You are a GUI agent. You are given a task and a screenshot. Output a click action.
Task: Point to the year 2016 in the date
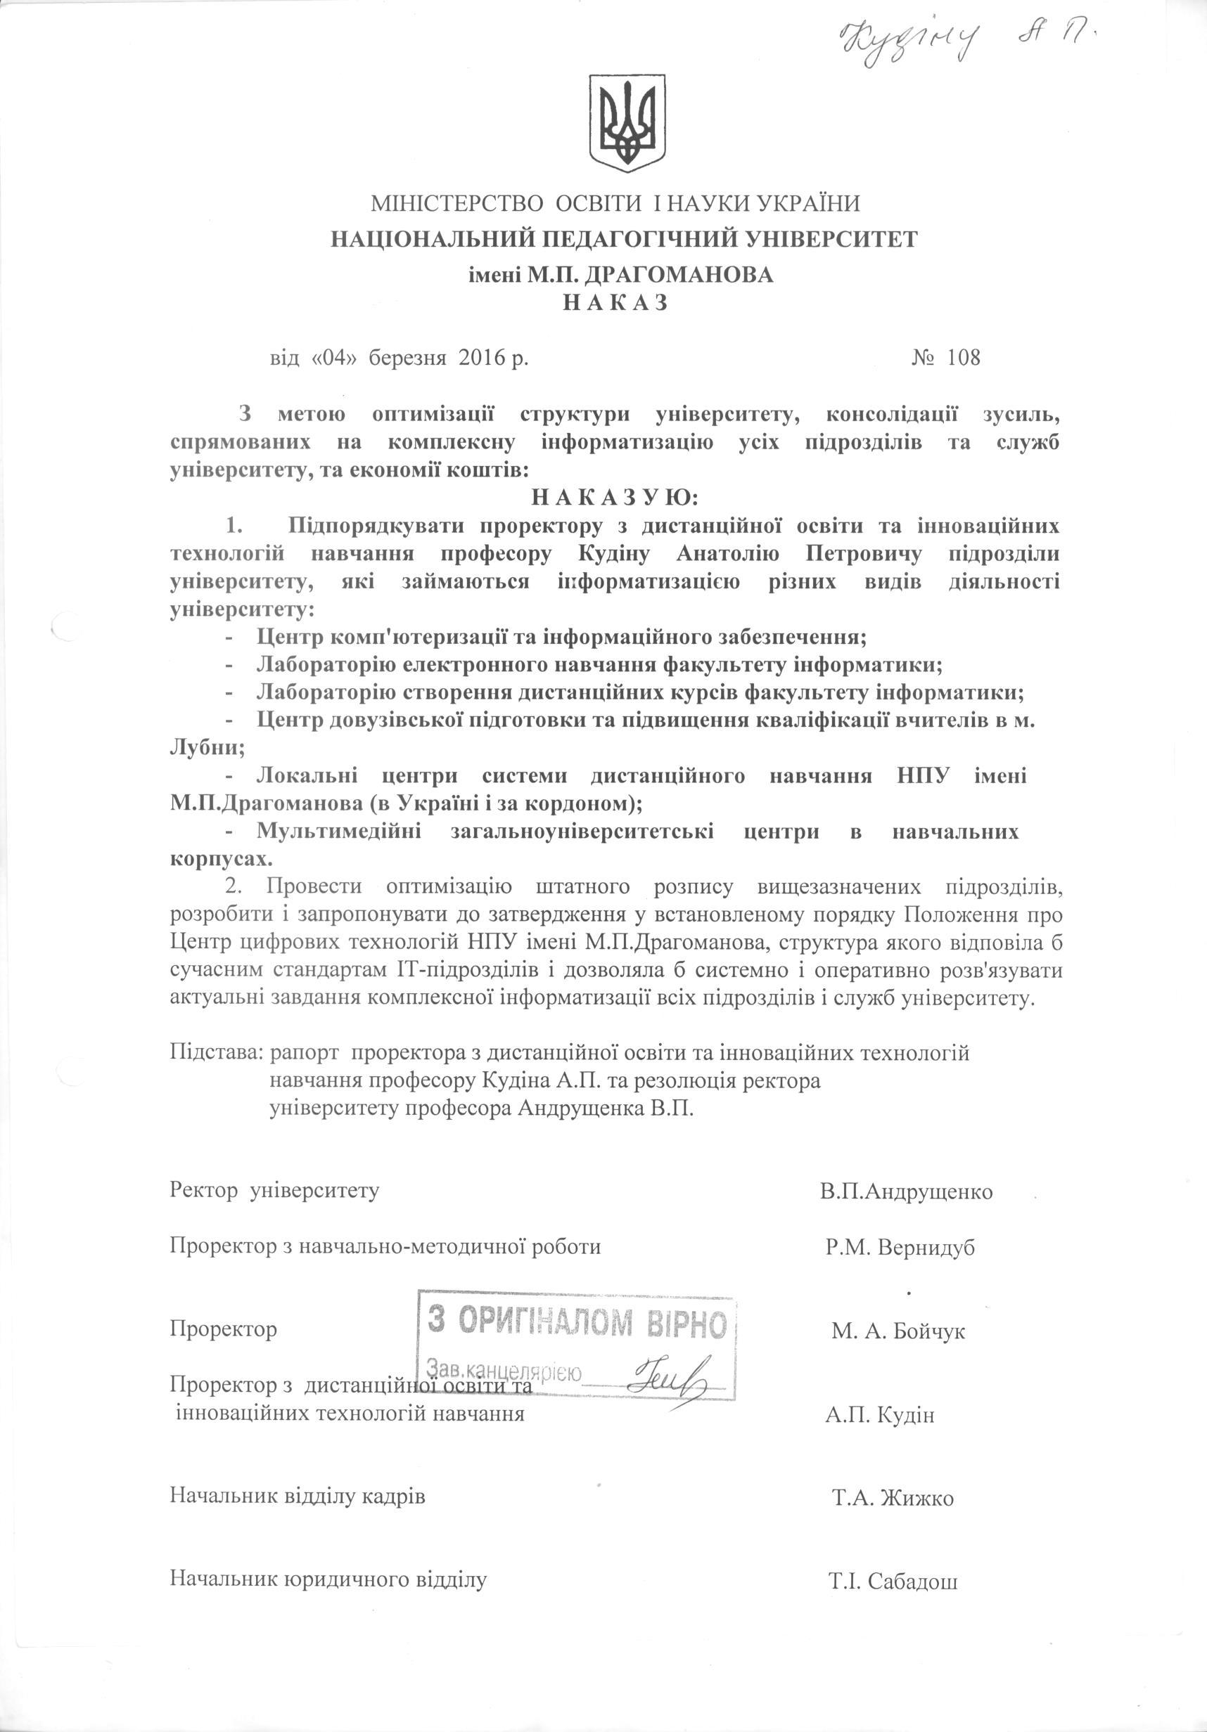pos(481,357)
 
